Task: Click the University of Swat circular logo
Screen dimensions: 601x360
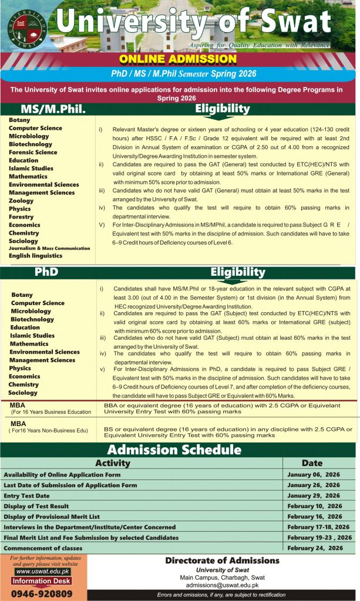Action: click(x=27, y=28)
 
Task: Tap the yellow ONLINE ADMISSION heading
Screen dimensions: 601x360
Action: click(x=178, y=59)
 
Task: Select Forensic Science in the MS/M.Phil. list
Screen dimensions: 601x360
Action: click(x=33, y=152)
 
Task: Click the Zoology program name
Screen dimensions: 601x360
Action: click(x=21, y=201)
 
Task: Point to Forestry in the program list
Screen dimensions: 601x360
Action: click(x=21, y=217)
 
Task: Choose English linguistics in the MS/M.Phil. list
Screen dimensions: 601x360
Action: click(x=35, y=256)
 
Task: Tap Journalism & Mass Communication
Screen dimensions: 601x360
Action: click(x=49, y=248)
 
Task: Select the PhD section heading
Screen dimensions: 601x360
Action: click(x=46, y=272)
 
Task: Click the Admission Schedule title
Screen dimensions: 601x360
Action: click(x=174, y=450)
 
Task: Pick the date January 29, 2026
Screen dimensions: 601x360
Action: click(x=314, y=496)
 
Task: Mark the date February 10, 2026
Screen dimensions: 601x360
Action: click(x=315, y=506)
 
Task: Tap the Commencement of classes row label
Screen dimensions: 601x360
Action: click(x=43, y=548)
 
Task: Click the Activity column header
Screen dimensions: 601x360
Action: click(x=112, y=463)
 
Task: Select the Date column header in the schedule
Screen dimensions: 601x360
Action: click(x=312, y=463)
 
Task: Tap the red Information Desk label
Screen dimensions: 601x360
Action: click(x=42, y=582)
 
